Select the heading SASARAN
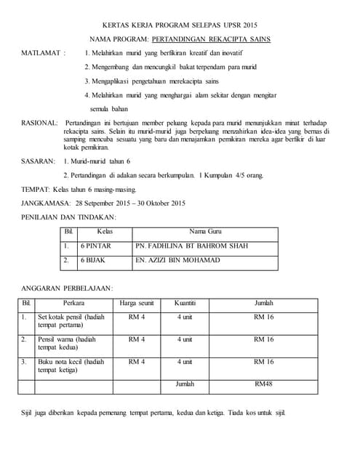coord(39,161)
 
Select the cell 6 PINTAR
coord(95,246)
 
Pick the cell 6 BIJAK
coord(93,260)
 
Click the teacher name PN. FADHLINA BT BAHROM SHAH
coord(191,246)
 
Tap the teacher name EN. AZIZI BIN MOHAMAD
coord(177,260)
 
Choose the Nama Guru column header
coord(205,231)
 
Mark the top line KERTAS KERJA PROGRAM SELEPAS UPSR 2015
coord(180,23)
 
